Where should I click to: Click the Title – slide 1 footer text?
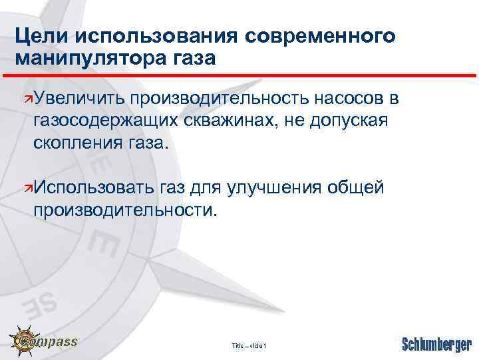(x=249, y=345)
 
